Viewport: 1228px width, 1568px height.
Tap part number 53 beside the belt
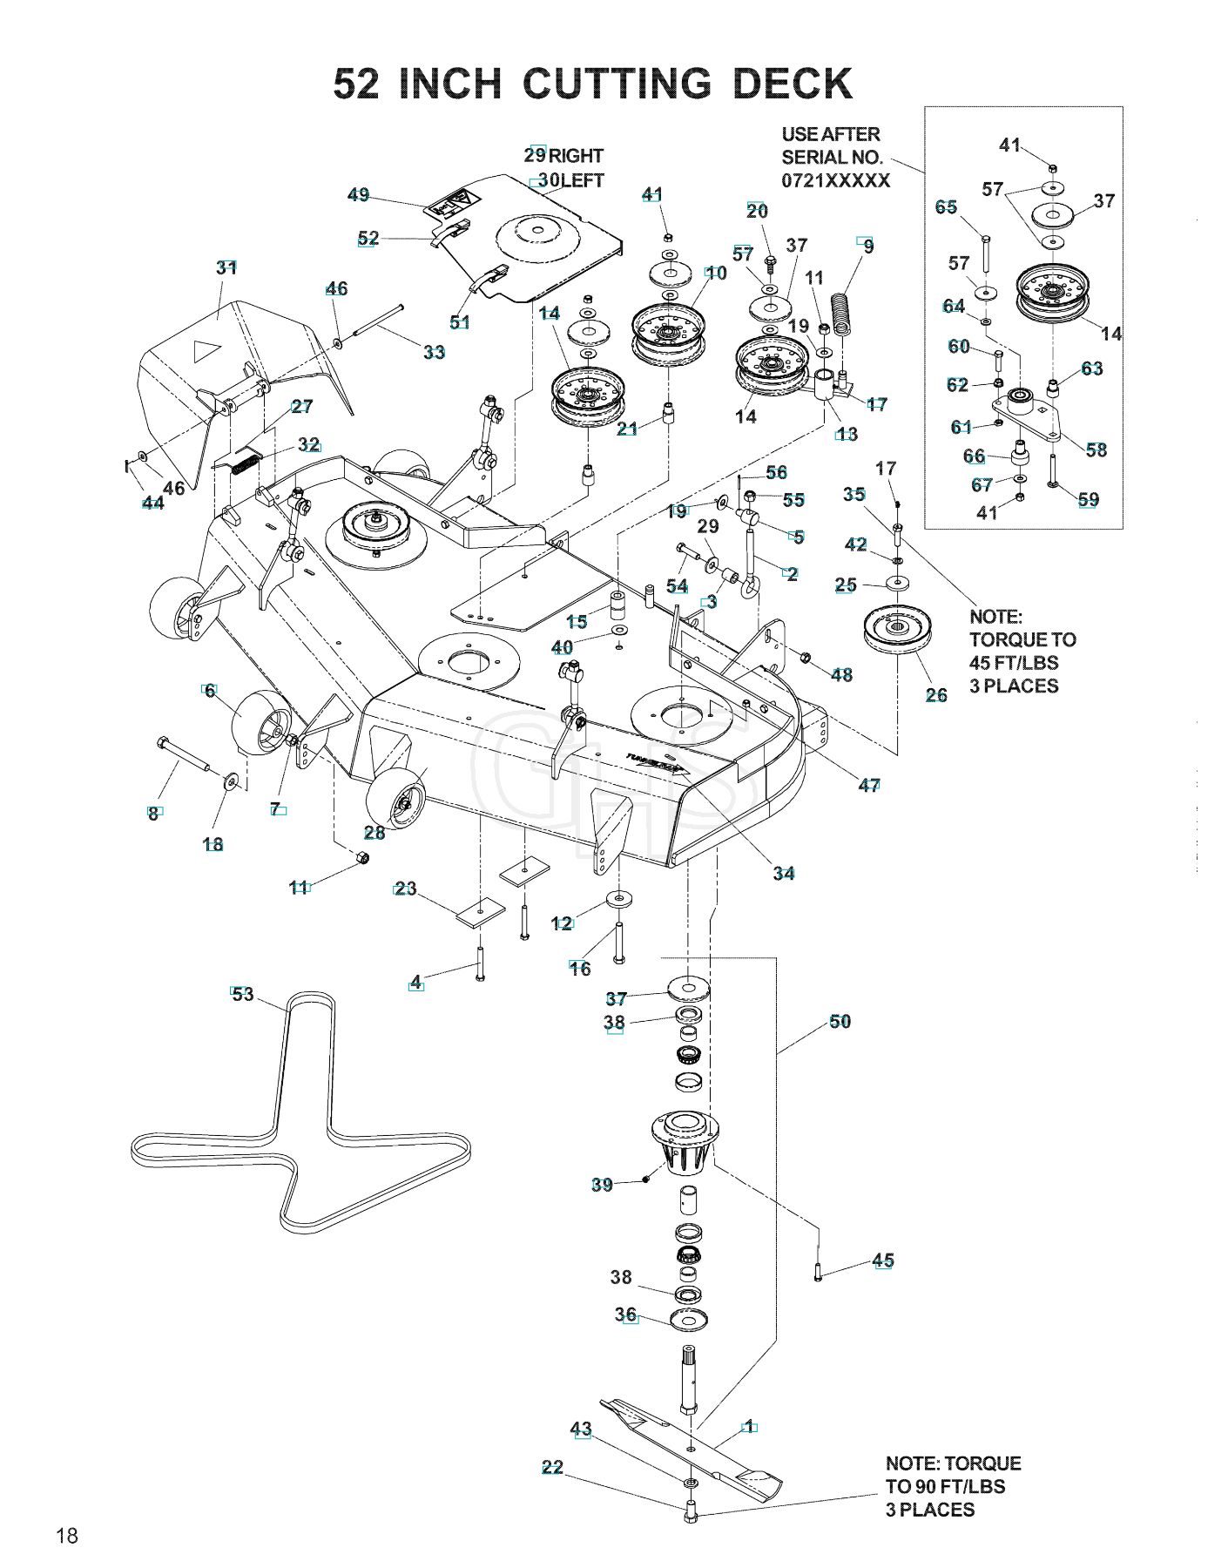(242, 994)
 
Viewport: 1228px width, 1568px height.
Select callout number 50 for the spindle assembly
(840, 1021)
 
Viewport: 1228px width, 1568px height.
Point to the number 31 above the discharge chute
(226, 267)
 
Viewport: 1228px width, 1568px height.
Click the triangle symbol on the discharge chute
(206, 352)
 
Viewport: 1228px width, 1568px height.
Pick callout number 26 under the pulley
(936, 694)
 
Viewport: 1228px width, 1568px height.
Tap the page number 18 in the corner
(67, 1536)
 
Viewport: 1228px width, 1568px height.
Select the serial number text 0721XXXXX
(836, 180)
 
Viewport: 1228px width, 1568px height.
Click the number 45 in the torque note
(982, 663)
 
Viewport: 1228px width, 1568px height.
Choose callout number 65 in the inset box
(947, 206)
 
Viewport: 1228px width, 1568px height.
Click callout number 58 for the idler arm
(1096, 449)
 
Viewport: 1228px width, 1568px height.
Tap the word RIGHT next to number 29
(576, 156)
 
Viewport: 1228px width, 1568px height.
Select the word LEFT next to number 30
(582, 180)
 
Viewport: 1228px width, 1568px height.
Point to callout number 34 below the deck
(784, 873)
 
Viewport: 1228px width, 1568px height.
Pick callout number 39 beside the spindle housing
(602, 1185)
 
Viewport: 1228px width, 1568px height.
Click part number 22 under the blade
(552, 1468)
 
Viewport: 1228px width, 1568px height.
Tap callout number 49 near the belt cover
(358, 195)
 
